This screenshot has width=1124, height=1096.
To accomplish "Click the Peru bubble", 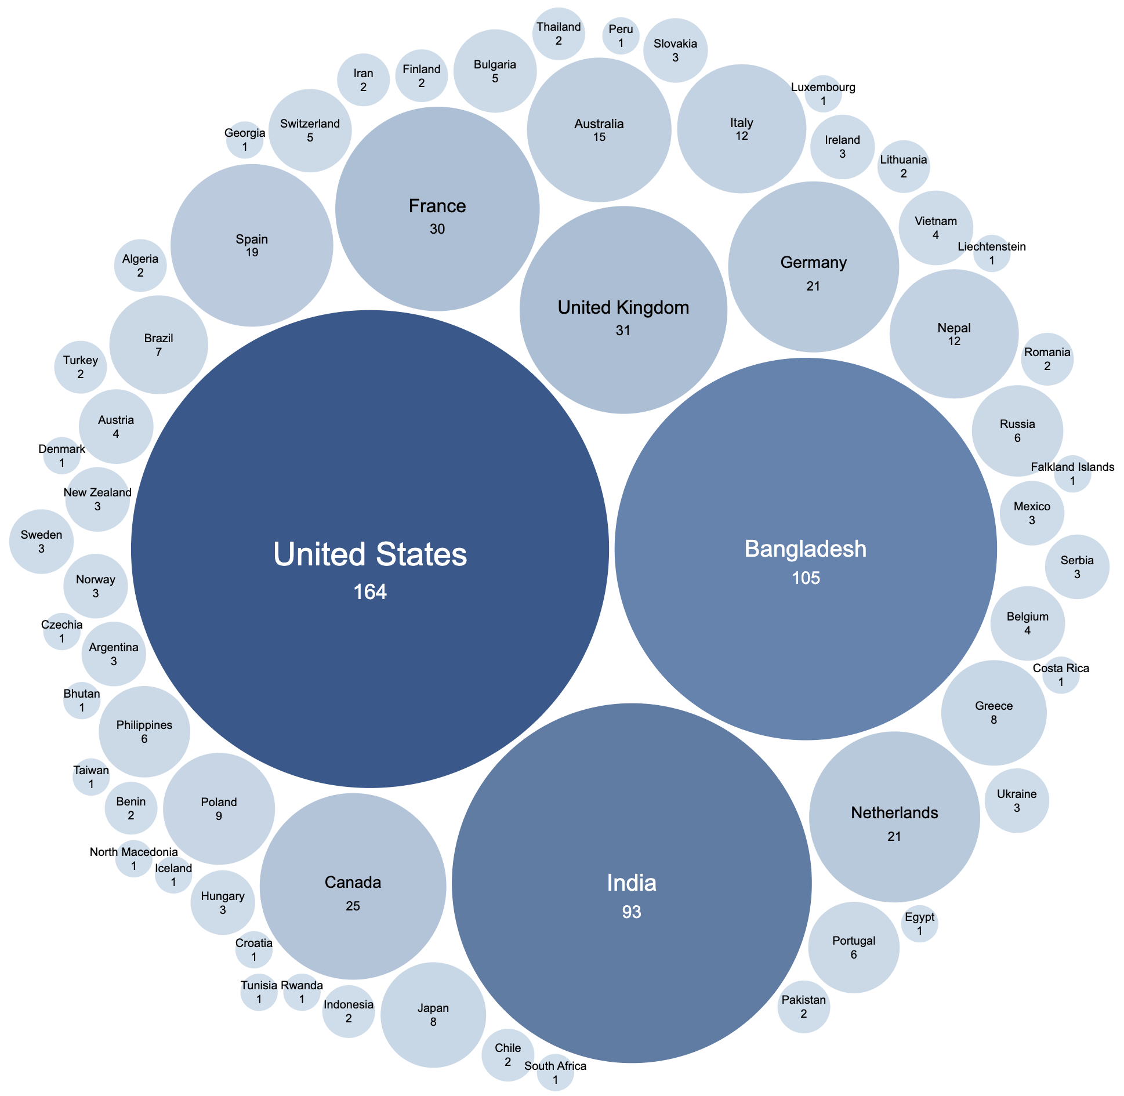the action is (x=621, y=36).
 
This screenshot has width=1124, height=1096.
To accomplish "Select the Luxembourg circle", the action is (x=823, y=94).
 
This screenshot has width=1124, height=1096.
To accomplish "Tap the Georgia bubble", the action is (x=245, y=140).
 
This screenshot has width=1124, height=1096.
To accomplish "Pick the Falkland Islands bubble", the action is (x=1072, y=474).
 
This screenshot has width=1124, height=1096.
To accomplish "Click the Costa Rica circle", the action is (x=1061, y=675).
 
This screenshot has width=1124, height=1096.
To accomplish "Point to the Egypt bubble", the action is (x=919, y=924).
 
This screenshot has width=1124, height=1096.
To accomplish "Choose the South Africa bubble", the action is (x=555, y=1073).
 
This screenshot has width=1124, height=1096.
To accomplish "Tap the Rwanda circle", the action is (x=302, y=992).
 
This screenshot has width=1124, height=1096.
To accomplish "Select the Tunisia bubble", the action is (x=259, y=992).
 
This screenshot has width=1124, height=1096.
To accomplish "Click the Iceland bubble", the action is (x=173, y=875).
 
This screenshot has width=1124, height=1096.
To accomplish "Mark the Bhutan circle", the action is (x=82, y=701).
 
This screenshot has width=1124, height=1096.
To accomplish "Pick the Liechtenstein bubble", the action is (x=991, y=253).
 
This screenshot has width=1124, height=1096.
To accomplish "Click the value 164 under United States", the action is (x=370, y=591).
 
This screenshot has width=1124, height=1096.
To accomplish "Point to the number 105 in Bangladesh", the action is (x=806, y=578).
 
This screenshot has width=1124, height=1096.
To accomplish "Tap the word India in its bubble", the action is (x=632, y=883).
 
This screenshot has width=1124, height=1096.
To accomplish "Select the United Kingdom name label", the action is (x=623, y=307).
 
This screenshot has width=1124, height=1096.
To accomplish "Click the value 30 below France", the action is (x=437, y=229).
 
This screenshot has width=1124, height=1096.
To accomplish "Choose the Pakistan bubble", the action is (x=803, y=1007).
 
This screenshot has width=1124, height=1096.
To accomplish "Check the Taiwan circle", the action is (x=91, y=777).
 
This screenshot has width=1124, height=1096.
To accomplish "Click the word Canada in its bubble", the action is (x=353, y=883).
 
